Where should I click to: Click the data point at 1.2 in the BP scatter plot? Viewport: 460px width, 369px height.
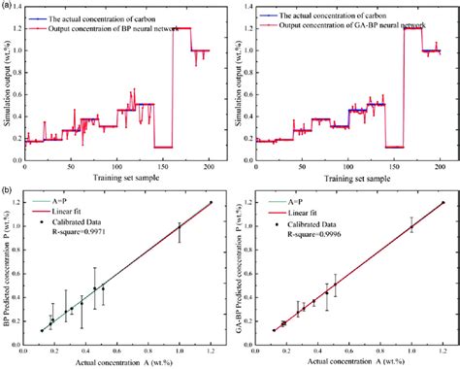(211, 202)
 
